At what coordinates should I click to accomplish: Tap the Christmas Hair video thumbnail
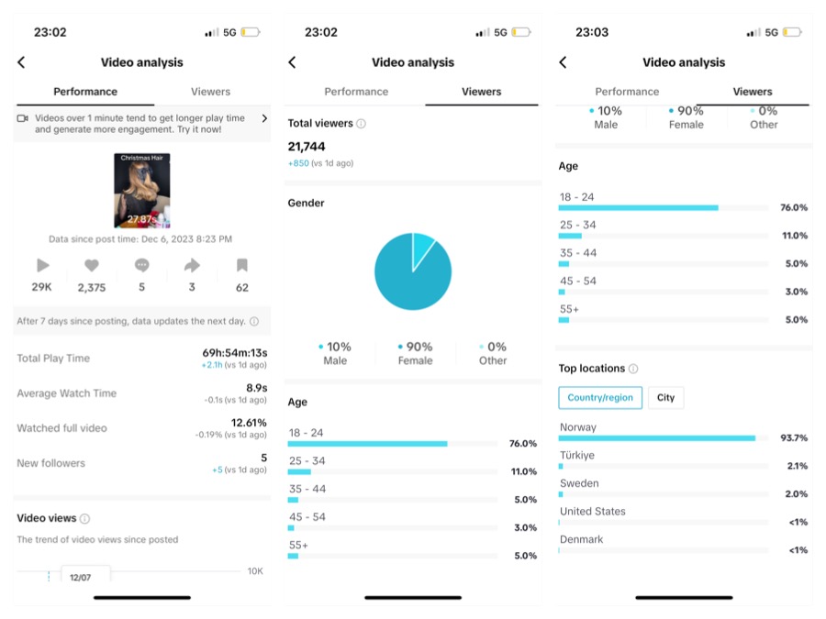tap(141, 191)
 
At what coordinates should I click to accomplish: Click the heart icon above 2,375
tap(92, 266)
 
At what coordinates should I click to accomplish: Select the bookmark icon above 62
tap(242, 266)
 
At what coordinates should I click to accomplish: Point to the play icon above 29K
tap(43, 266)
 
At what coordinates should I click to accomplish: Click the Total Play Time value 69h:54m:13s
tap(235, 353)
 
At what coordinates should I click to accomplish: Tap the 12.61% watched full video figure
tap(249, 423)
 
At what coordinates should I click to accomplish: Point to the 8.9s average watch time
tap(256, 388)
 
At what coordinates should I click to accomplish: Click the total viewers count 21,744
tap(307, 147)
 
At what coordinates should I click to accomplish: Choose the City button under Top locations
tap(665, 398)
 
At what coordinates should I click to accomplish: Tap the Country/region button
tap(600, 398)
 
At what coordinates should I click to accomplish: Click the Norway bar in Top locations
tap(657, 438)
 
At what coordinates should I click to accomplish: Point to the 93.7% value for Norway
tap(794, 438)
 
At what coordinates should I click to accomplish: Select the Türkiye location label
tap(577, 456)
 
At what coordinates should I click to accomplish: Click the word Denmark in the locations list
tap(582, 539)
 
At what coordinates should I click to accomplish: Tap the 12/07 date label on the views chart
tap(81, 578)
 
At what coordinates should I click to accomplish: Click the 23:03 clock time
tap(592, 32)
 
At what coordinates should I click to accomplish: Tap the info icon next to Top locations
tap(633, 369)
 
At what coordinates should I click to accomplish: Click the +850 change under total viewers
tap(298, 163)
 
